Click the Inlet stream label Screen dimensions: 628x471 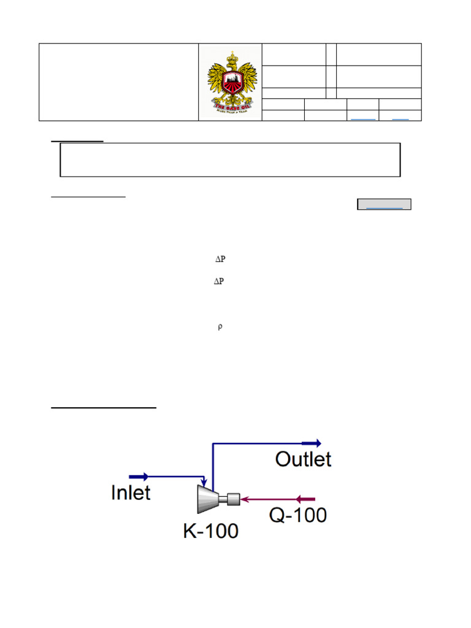coord(131,492)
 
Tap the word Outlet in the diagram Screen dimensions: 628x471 coord(303,459)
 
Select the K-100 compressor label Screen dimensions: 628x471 coord(211,530)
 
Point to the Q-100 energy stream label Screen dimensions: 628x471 coord(298,516)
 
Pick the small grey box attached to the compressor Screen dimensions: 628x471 coord(232,499)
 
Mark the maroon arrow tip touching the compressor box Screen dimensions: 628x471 coord(243,499)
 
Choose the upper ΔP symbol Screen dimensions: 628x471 coord(220,259)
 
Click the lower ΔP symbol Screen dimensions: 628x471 coord(218,281)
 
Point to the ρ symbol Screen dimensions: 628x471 coord(220,327)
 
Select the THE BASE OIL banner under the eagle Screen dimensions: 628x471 coord(231,106)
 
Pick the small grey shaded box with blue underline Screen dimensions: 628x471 coord(384,205)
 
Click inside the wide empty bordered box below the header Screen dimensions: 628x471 coord(230,159)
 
